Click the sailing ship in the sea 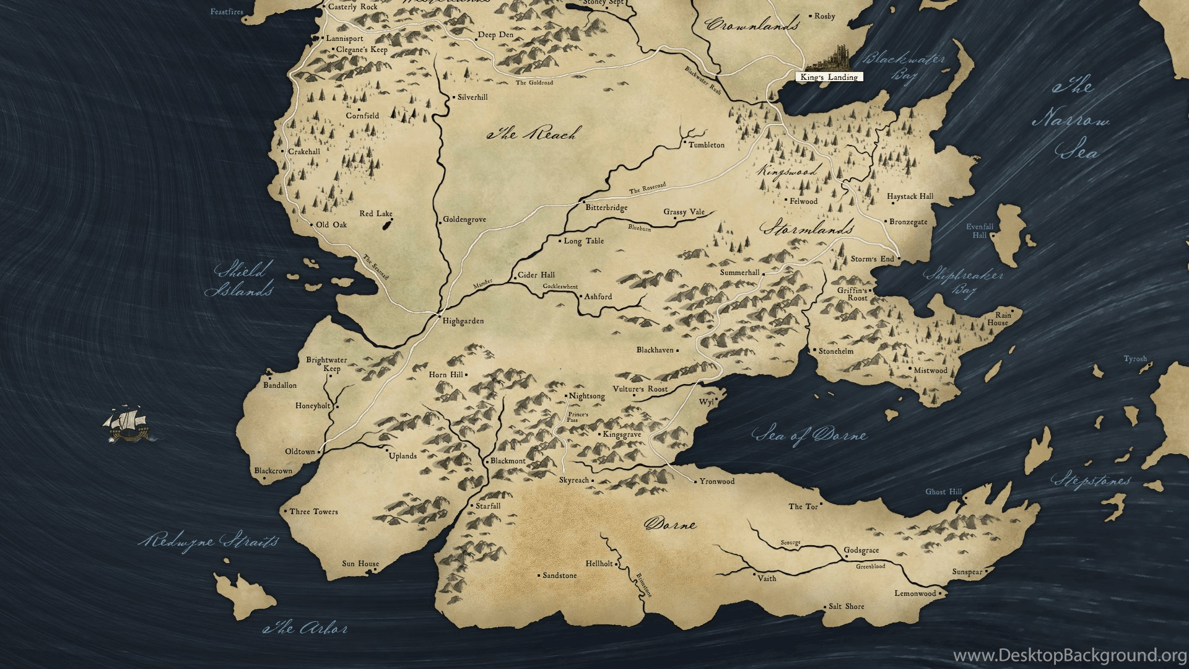[x=128, y=424]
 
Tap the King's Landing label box [x=829, y=77]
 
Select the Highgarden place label [x=463, y=321]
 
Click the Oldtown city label [x=300, y=452]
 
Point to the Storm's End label [x=872, y=259]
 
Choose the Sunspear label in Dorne [x=967, y=572]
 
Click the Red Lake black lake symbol [x=386, y=224]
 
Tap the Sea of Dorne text [x=810, y=435]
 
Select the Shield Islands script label [x=240, y=280]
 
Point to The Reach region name [x=534, y=133]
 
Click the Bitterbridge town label [x=606, y=208]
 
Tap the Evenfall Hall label [x=979, y=230]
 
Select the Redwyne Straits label [x=209, y=540]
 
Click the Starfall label [x=487, y=506]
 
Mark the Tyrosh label [x=1135, y=359]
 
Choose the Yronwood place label [x=716, y=481]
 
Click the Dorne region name [x=671, y=524]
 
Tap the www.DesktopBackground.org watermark [x=1069, y=655]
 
